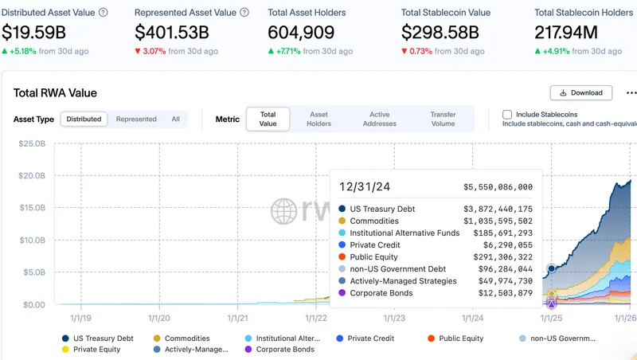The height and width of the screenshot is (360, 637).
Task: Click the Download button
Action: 581,92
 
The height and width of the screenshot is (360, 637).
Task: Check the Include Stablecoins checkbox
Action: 507,115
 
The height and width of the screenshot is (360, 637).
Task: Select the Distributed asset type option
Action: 84,119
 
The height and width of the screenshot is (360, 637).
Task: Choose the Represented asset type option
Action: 136,119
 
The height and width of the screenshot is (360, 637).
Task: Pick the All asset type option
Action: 175,119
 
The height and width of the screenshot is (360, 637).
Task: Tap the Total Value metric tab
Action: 268,119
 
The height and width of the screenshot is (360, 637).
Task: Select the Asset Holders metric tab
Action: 319,119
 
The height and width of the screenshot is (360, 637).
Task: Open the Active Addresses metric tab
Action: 379,119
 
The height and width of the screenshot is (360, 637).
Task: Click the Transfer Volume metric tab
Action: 443,119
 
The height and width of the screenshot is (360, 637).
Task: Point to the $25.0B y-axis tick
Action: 32,143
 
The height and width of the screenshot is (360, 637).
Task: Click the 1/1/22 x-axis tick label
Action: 315,317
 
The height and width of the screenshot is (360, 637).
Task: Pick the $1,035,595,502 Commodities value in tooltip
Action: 498,221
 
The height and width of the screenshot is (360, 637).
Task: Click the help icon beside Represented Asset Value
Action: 244,13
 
